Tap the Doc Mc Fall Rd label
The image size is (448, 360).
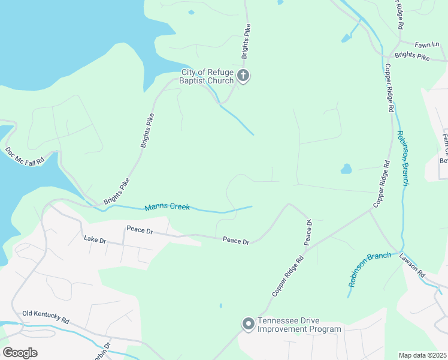(25, 157)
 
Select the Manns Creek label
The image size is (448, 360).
(167, 208)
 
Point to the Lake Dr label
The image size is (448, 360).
(95, 240)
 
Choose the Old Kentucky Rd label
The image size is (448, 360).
(46, 317)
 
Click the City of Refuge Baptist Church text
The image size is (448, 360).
(207, 76)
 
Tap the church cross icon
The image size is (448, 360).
(243, 76)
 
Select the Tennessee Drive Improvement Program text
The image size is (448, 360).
(299, 325)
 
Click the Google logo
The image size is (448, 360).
(20, 352)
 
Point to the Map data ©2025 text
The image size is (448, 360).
(422, 355)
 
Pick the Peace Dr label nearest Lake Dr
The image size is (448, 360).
(140, 229)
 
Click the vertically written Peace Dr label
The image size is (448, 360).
(308, 232)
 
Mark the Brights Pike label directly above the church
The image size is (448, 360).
(246, 41)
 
